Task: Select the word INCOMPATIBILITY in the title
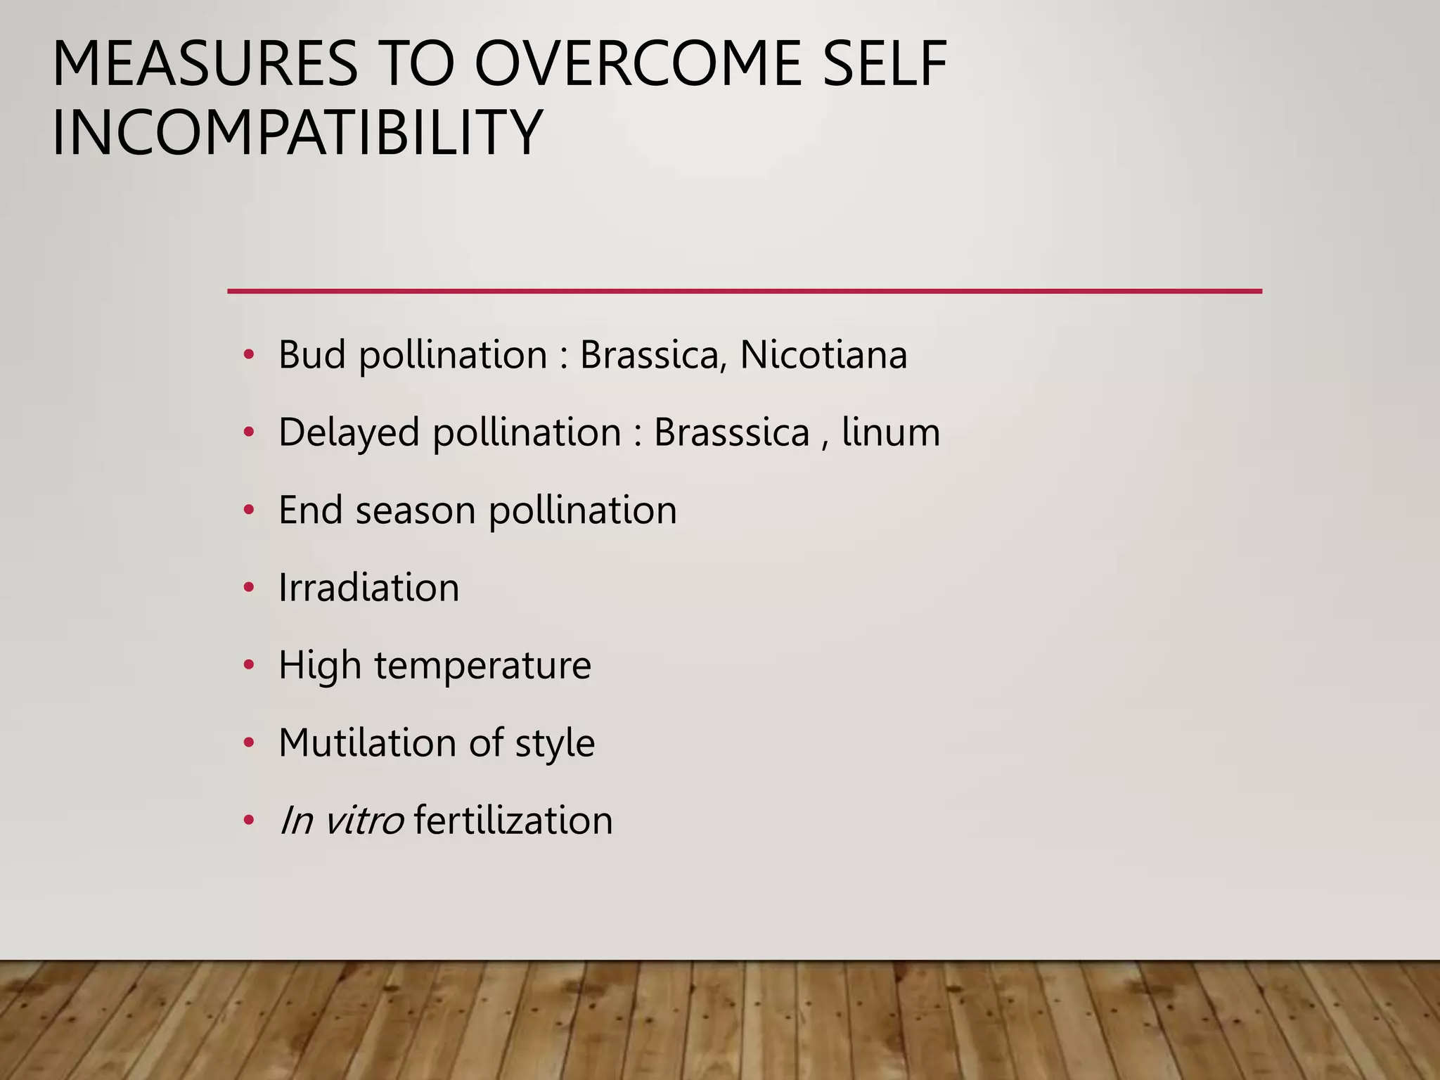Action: click(x=297, y=132)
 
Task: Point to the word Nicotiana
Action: click(x=823, y=354)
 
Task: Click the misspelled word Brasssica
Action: click(x=731, y=432)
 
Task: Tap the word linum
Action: click(x=890, y=432)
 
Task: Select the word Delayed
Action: click(x=349, y=432)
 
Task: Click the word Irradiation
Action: click(x=368, y=587)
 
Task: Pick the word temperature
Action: click(x=482, y=665)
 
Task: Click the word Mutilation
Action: click(x=367, y=742)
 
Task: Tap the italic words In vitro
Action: click(x=341, y=821)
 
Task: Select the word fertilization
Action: click(x=513, y=821)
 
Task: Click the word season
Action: click(x=416, y=510)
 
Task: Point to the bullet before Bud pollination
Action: click(x=248, y=355)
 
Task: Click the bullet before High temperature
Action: click(x=248, y=665)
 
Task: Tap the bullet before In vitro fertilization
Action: click(x=248, y=821)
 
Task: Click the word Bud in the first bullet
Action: click(x=312, y=354)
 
